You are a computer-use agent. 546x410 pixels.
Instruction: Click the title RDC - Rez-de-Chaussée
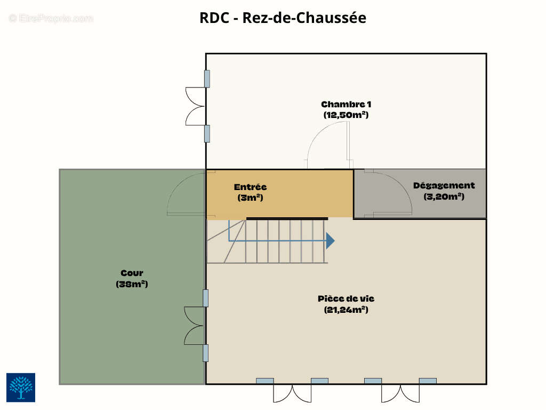(x=283, y=18)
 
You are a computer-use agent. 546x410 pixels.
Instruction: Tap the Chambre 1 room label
(x=346, y=104)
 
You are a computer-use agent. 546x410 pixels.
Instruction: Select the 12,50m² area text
(x=346, y=115)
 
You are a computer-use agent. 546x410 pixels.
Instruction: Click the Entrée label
(x=250, y=187)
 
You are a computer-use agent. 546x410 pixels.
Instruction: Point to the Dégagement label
(x=444, y=185)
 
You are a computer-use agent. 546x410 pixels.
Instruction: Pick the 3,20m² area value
(x=444, y=196)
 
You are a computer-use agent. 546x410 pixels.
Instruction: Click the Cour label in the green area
(x=132, y=273)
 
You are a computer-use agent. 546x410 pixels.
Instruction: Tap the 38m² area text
(x=132, y=284)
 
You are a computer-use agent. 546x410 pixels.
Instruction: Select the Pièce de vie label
(x=346, y=299)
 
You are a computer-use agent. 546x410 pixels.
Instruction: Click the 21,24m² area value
(x=346, y=310)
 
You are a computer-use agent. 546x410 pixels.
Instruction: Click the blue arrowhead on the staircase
(x=330, y=241)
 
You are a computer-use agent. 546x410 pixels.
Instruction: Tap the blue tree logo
(x=21, y=388)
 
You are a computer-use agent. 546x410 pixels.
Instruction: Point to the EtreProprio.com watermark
(x=51, y=18)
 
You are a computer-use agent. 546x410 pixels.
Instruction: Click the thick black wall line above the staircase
(x=287, y=218)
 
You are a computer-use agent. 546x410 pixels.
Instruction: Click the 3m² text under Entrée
(x=250, y=198)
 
